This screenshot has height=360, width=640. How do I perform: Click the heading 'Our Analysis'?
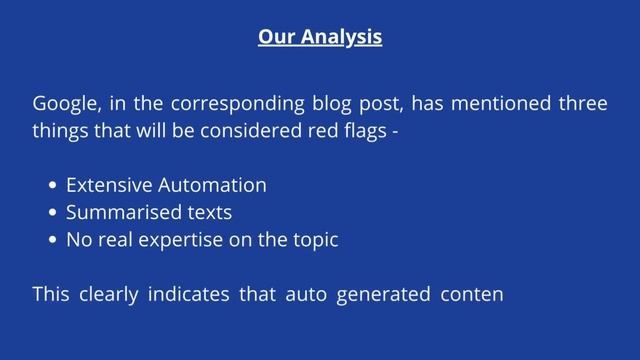pos(319,38)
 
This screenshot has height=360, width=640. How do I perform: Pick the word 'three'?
pos(582,104)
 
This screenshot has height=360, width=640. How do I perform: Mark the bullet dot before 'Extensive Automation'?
pos(52,186)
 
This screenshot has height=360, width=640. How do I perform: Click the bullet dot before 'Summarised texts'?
pos(52,213)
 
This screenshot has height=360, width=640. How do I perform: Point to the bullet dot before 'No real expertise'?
pos(52,241)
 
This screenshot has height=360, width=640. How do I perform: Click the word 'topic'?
pos(314,241)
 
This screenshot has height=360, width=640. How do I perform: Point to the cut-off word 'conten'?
pos(470,295)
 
